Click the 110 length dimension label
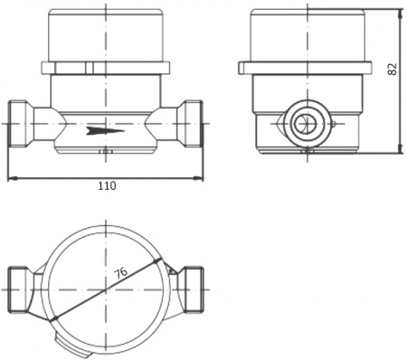(107, 185)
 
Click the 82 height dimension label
(393, 70)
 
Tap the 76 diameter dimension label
(121, 273)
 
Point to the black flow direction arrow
(106, 131)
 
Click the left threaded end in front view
(20, 124)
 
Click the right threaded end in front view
(191, 124)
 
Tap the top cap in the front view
(106, 34)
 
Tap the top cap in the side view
(308, 34)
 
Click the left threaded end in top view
(20, 290)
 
